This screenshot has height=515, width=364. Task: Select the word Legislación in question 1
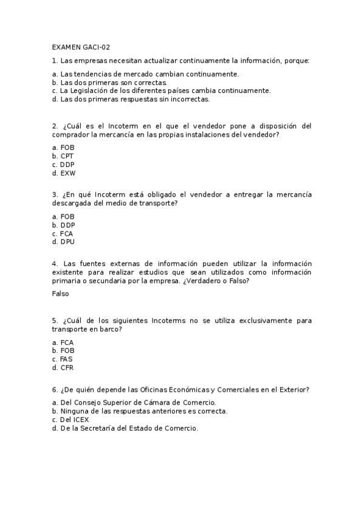tap(93, 90)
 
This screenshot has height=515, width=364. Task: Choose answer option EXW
tap(68, 173)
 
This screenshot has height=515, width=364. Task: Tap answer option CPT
tap(67, 156)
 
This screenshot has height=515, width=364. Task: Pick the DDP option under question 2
tap(67, 165)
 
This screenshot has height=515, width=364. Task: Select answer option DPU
tap(67, 241)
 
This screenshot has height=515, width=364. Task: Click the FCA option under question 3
tap(67, 233)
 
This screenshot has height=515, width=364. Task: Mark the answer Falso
tap(61, 293)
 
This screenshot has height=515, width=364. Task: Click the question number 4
tap(55, 264)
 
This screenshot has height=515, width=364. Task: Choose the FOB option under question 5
tap(67, 350)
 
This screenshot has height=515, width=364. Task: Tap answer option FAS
tap(66, 359)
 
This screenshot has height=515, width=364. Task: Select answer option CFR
tap(67, 367)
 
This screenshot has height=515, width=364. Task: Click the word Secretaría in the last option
tap(95, 428)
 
